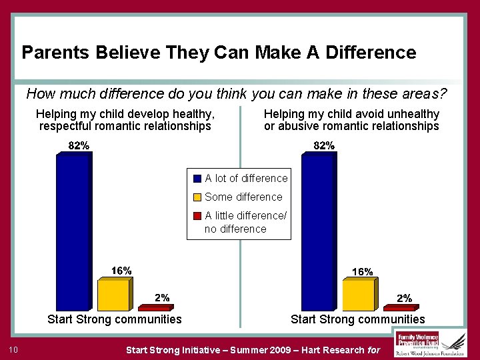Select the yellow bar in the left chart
point(114,295)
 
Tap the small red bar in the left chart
point(155,308)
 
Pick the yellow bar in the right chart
point(359,295)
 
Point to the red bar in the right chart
point(401,308)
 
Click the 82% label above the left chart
point(79,146)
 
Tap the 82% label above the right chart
point(324,146)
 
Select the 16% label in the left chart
point(121,270)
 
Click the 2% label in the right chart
point(404,298)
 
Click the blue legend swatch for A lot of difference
point(197,179)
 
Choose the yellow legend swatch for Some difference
point(197,197)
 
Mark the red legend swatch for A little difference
point(197,215)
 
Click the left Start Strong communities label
point(115,319)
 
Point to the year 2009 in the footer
point(277,349)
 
